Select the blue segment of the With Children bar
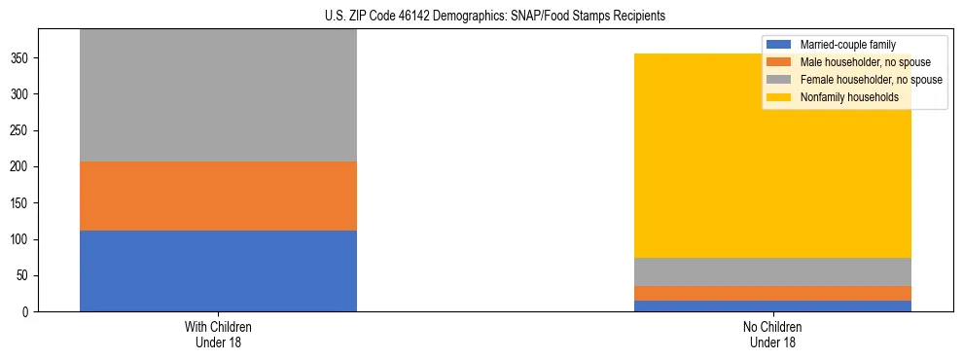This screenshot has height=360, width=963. pos(218,270)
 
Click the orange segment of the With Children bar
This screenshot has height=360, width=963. pos(218,196)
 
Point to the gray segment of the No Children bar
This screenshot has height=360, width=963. pos(772,271)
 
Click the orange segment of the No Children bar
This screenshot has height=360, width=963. pos(772,293)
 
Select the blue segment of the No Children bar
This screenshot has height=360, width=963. pos(772,306)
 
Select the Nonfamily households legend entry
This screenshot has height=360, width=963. pos(842,97)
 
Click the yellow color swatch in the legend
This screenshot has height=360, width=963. pos(779,97)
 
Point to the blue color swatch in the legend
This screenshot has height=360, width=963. pos(779,45)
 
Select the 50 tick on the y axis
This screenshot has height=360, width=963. pos(24,276)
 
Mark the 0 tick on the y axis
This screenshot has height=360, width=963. pos(27,312)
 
